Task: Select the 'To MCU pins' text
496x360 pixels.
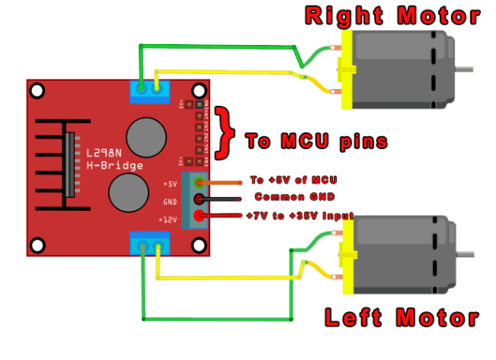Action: click(x=316, y=142)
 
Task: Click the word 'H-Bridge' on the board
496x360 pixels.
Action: click(x=114, y=166)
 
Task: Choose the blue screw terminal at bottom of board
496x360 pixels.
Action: click(x=150, y=243)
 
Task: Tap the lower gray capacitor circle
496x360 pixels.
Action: click(x=128, y=192)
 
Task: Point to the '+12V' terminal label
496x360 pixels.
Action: click(x=169, y=219)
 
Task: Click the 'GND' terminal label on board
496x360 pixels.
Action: click(x=170, y=202)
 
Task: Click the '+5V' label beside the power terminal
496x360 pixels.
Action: click(x=169, y=184)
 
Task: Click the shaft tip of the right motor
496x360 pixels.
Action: click(x=471, y=68)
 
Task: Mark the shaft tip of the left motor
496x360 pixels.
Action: click(x=472, y=255)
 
